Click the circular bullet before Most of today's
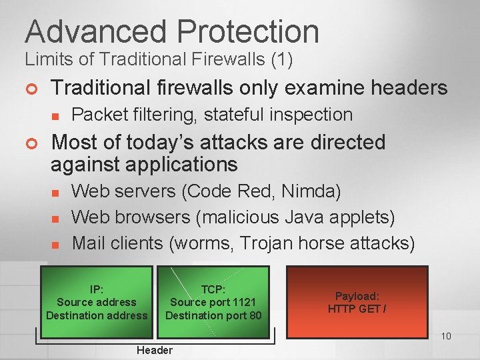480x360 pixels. (31, 143)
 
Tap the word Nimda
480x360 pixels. (311, 192)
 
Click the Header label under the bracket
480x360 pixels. (154, 350)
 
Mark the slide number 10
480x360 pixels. (446, 336)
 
